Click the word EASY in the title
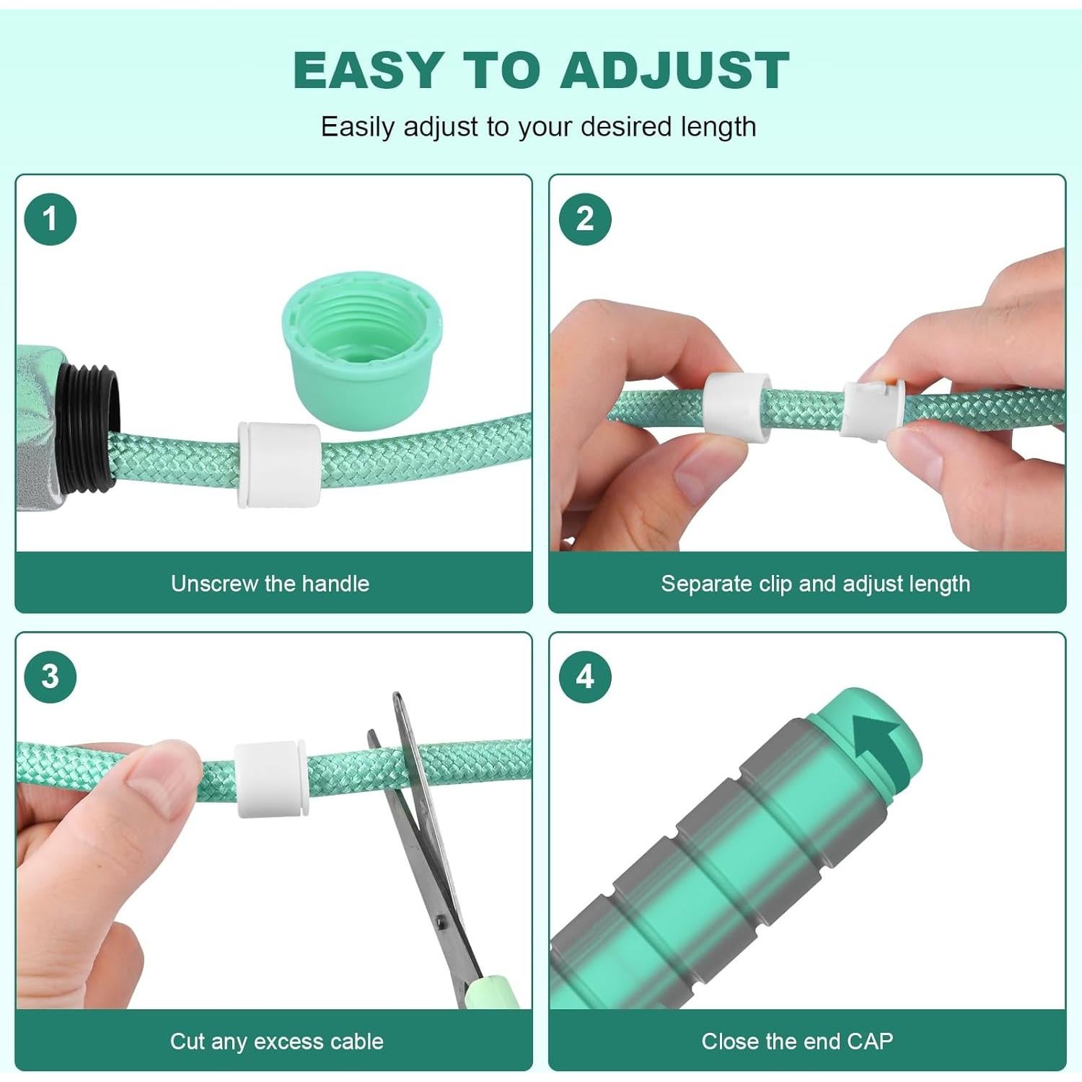368,71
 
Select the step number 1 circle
50,219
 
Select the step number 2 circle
585,219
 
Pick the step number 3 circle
50,677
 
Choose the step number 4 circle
585,677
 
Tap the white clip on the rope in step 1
279,464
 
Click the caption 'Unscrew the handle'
270,584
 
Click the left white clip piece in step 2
736,405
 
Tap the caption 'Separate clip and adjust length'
815,584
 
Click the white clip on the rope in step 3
271,780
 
